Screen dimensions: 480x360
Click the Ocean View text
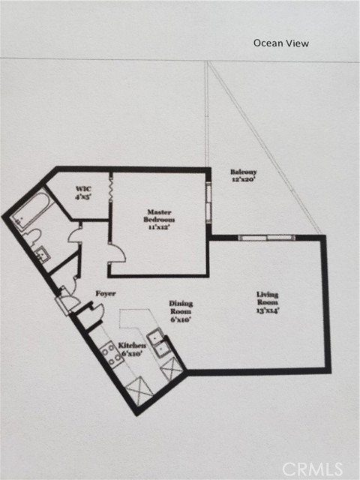(x=280, y=43)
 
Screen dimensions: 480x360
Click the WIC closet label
(x=82, y=189)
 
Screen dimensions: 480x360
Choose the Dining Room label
(x=180, y=307)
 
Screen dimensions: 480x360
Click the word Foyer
(x=105, y=293)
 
